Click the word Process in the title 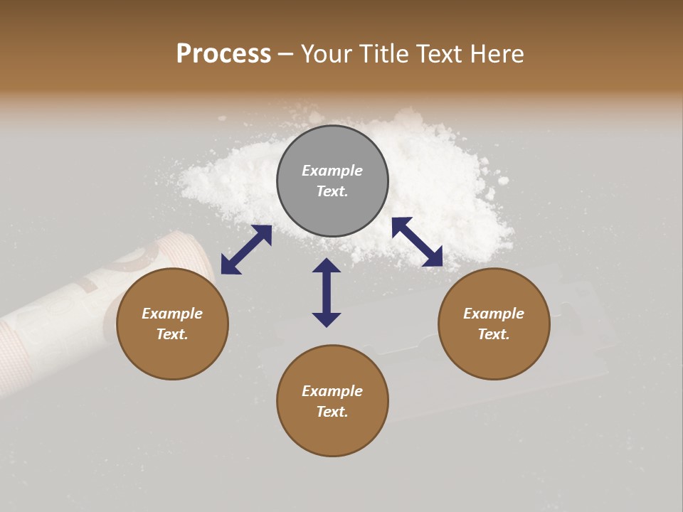tap(223, 54)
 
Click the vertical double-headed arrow tap(327, 292)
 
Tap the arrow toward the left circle tap(246, 250)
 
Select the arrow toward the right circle tap(418, 242)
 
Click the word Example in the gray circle tap(332, 171)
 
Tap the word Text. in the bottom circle tap(332, 412)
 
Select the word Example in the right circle tap(494, 314)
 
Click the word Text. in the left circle tap(172, 334)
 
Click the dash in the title tap(286, 54)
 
